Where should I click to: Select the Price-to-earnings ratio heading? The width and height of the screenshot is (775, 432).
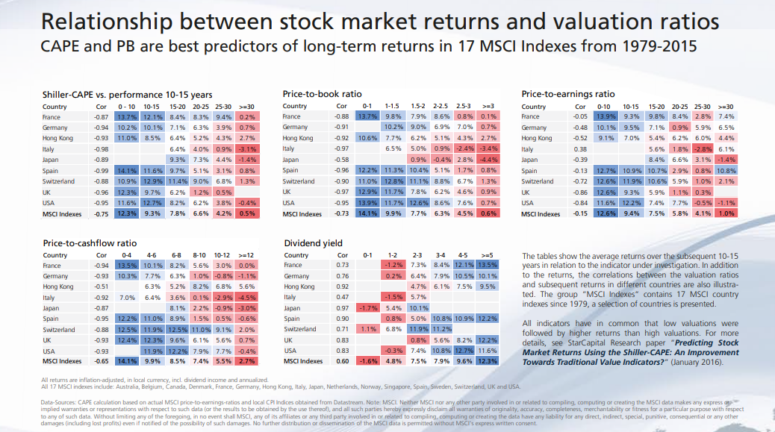coord(568,95)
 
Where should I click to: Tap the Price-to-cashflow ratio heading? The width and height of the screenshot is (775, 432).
coord(90,243)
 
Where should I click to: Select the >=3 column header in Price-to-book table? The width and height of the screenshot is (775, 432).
coord(488,107)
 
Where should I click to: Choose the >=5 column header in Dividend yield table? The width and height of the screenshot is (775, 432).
coord(488,255)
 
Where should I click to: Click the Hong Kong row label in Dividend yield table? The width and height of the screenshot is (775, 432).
coord(299,287)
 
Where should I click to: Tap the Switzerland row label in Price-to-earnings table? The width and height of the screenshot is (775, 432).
coord(538,181)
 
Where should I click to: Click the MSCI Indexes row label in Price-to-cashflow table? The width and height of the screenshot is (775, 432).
coord(62,361)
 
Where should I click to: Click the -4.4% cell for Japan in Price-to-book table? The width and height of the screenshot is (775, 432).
coord(488,160)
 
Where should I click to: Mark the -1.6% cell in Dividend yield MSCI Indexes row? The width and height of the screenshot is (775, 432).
coord(367,361)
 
